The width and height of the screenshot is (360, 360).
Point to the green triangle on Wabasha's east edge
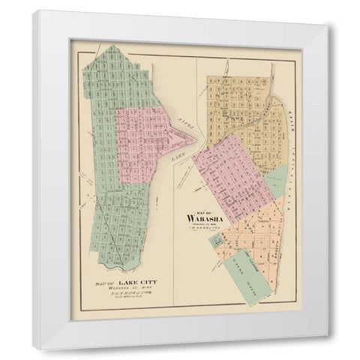(277, 180)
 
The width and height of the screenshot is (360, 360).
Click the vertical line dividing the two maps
(175, 225)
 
